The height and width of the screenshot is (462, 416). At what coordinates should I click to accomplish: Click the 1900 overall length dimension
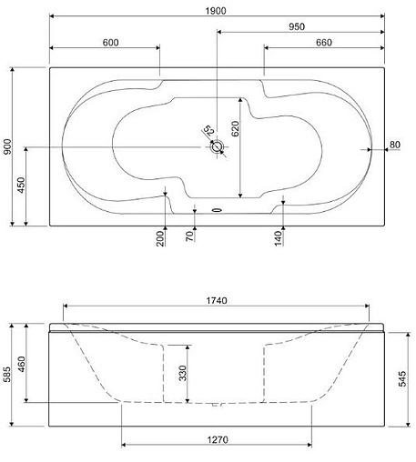[x=216, y=11]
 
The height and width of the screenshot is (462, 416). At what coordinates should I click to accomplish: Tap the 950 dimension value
[x=297, y=26]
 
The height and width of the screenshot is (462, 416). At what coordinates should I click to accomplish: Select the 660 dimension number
[x=324, y=43]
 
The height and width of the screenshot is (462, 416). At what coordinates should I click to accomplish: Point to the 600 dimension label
[x=110, y=43]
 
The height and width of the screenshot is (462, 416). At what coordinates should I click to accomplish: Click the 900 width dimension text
[x=7, y=146]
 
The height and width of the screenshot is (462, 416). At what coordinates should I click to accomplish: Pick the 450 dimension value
[x=21, y=185]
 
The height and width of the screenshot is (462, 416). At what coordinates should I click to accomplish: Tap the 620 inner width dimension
[x=235, y=128]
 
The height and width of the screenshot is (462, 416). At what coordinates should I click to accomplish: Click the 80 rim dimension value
[x=395, y=145]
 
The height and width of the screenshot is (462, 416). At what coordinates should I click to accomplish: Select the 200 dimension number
[x=160, y=238]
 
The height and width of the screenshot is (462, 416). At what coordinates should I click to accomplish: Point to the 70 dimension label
[x=189, y=236]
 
